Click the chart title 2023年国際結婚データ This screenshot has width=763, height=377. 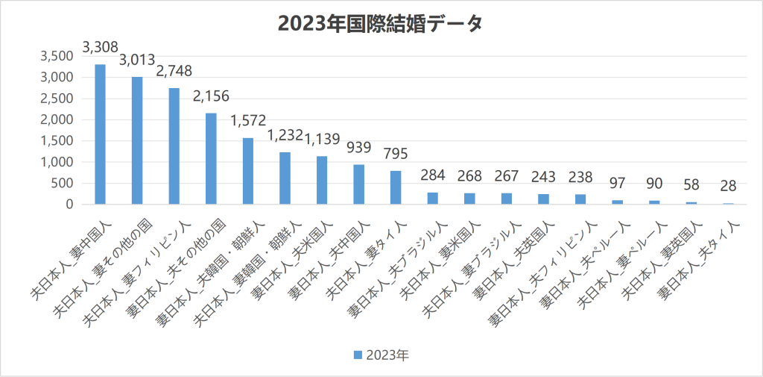pos(381,23)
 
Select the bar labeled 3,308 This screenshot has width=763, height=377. pos(100,134)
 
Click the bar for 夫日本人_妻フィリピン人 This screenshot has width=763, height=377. pos(174,146)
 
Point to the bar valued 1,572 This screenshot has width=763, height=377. pos(248,171)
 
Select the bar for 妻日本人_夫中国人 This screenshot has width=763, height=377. pos(358,184)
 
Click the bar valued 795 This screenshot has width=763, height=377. pos(396,187)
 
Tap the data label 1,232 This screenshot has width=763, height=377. pos(285,136)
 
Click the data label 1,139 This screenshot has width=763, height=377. pos(322,139)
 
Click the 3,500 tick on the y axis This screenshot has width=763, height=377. pos(57,56)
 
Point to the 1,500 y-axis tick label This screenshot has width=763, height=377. pos(57,140)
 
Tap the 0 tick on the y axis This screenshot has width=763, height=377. pos(69,204)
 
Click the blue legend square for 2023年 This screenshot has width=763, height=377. pos(357,354)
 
